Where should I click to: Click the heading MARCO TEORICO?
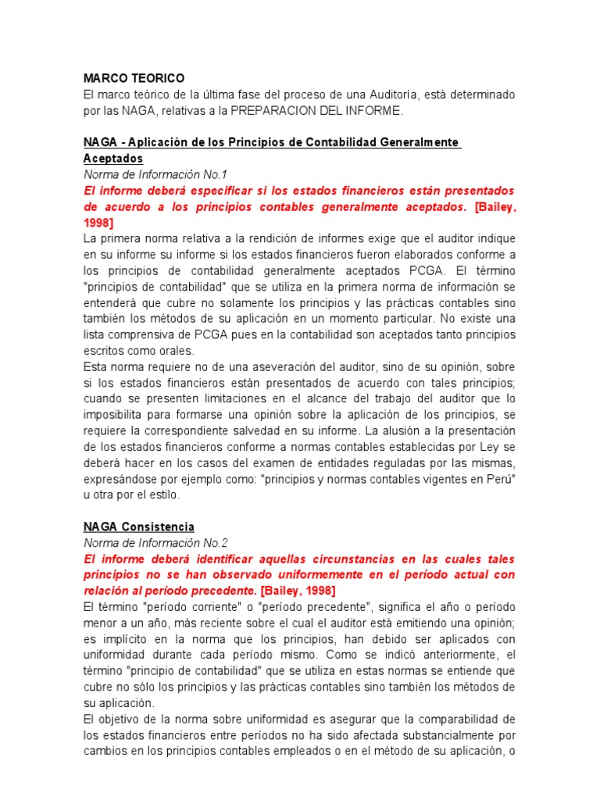pos(134,78)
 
